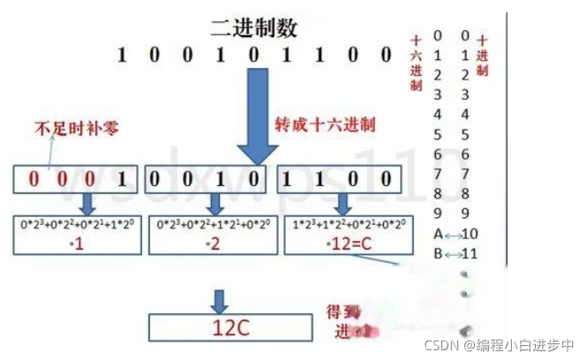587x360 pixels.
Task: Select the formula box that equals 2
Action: click(x=207, y=235)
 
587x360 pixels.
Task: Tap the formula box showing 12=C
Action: click(x=338, y=235)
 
